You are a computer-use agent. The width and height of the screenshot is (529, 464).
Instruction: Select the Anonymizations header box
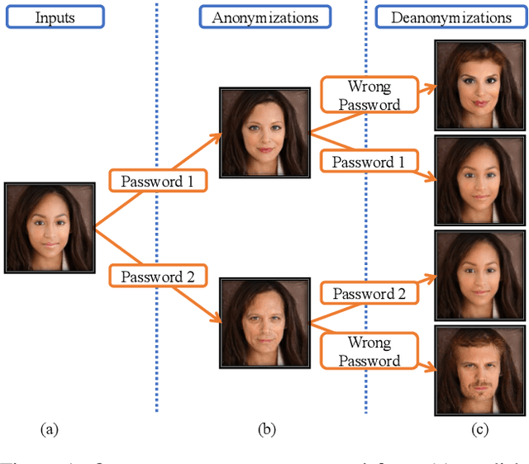tap(264, 16)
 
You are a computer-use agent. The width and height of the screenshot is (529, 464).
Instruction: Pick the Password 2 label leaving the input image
tap(157, 276)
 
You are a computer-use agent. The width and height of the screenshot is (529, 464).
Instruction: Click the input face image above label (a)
tap(50, 227)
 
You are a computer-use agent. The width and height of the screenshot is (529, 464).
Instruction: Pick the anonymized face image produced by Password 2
tap(263, 323)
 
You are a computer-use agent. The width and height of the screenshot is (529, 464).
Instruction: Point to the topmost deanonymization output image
tap(479, 85)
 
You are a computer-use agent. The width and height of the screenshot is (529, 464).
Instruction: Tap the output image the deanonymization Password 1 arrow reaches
tap(479, 180)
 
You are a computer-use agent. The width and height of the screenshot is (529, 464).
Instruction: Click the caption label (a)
tap(50, 428)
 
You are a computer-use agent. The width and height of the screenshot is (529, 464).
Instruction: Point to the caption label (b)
tap(266, 428)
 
